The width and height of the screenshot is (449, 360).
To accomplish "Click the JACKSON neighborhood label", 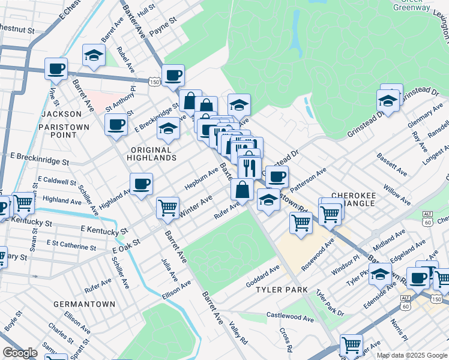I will pos(61,113).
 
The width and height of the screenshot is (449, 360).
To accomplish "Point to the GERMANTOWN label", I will pos(84,304).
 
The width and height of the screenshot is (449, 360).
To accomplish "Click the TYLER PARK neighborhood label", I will pos(282,290).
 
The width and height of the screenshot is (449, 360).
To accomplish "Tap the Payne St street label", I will pos(163,22).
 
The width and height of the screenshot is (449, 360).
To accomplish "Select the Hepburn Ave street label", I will pos(201,179).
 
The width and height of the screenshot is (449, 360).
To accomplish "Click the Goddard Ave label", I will pos(263,272).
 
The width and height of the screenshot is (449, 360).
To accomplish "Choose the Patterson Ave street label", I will pos(309,178).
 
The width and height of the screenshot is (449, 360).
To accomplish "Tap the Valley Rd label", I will pos(239,332).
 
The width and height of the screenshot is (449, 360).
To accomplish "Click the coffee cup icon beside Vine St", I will pos(56,69).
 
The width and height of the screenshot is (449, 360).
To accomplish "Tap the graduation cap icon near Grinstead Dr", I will pos(388,101).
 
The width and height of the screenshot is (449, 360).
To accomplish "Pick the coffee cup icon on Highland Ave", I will pos(141,184).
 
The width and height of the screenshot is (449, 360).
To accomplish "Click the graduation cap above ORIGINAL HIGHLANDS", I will pos(167,129).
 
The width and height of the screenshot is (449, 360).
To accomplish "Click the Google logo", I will pos(20,353).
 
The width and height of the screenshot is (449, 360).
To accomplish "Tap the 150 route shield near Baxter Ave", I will pos(155,80).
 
